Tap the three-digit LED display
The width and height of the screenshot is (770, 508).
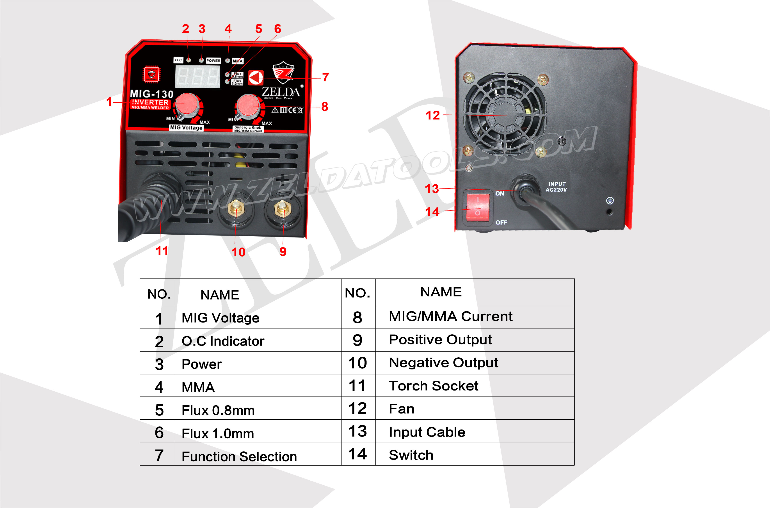click(197, 77)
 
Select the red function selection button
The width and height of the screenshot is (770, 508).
click(256, 78)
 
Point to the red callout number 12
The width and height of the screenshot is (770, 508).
click(433, 115)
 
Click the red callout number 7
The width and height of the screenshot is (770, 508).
click(325, 77)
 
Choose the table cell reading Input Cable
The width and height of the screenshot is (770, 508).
click(427, 432)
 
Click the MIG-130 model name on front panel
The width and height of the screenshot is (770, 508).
click(151, 94)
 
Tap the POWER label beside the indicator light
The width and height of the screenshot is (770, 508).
click(213, 61)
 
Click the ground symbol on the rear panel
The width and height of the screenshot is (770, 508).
click(610, 201)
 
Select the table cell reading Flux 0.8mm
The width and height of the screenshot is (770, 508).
click(218, 410)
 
